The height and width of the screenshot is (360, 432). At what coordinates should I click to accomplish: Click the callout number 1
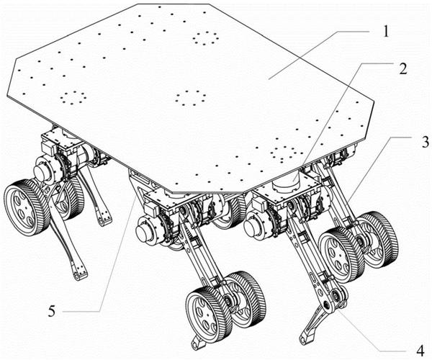tap(386, 31)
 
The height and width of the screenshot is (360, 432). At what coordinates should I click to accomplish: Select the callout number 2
tap(402, 68)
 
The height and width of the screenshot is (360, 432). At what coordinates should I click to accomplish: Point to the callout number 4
tap(420, 351)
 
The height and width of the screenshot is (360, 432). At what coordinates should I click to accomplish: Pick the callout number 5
tap(52, 311)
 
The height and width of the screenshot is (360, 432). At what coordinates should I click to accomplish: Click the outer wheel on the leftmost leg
tap(23, 207)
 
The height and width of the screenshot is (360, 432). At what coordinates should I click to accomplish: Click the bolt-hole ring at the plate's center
tap(190, 98)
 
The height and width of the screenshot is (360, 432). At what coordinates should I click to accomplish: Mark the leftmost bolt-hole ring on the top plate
tap(73, 97)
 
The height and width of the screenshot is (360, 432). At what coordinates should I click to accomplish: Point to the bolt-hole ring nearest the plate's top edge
tap(205, 37)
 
